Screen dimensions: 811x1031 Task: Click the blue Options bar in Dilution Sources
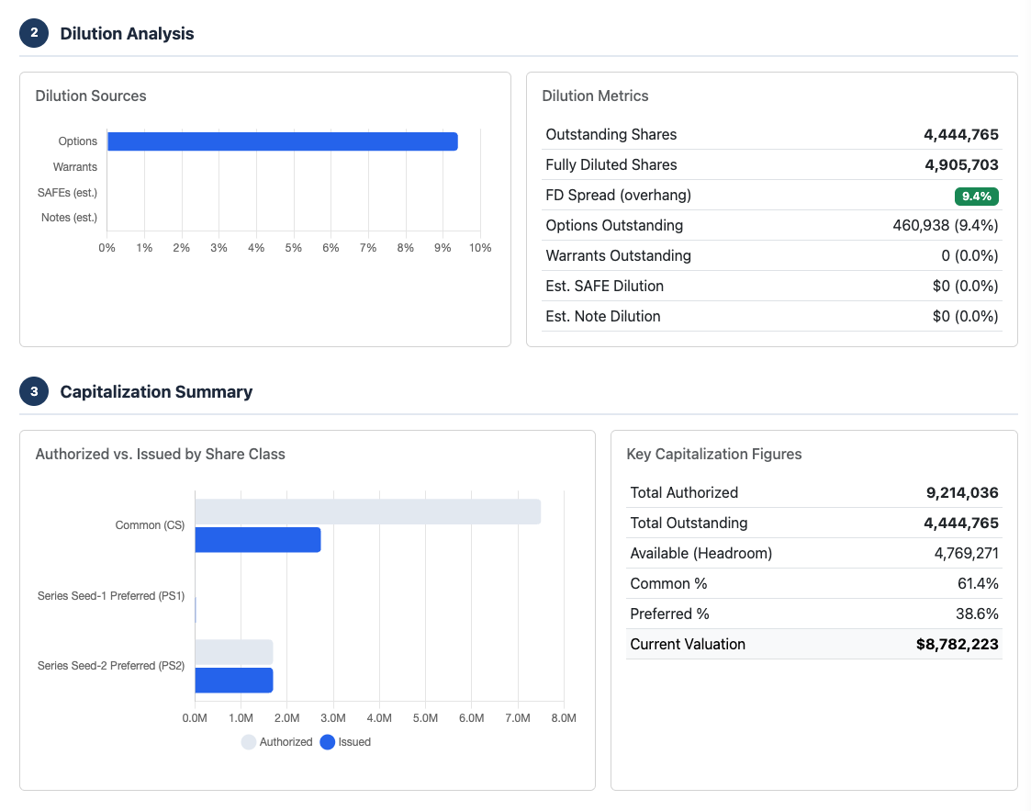point(282,141)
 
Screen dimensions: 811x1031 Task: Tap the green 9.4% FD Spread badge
point(976,196)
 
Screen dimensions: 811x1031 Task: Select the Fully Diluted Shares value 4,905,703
point(960,165)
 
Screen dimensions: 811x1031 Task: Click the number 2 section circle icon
point(34,33)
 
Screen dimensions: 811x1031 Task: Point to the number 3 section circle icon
point(34,391)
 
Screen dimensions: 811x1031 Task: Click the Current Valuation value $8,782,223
point(957,645)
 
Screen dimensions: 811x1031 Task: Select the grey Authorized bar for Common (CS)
point(367,512)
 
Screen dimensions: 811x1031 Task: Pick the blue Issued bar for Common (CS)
point(258,540)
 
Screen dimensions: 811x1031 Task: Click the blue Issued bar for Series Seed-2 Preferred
point(234,681)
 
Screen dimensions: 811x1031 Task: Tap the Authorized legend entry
point(277,742)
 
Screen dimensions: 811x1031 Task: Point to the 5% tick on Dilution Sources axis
point(294,248)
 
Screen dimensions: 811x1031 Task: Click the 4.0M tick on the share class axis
point(379,718)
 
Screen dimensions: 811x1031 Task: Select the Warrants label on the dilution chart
point(75,167)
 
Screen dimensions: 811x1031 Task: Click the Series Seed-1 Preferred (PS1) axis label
point(111,596)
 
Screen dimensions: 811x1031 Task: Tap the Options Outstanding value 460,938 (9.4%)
point(945,226)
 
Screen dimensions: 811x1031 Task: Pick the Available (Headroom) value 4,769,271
point(966,554)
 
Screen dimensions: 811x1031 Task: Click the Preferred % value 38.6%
point(978,614)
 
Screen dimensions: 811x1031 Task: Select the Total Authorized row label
point(684,493)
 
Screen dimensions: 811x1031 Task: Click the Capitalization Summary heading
point(156,392)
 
